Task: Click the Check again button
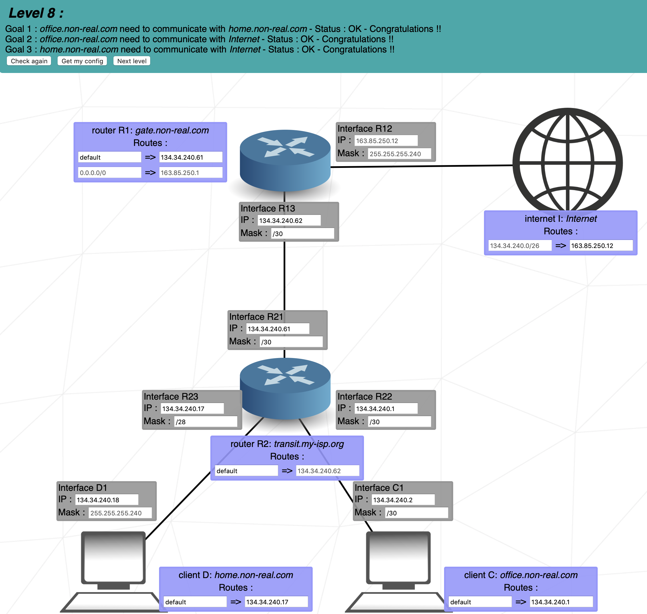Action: pos(29,61)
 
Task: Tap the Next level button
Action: pos(132,61)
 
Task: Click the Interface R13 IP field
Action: pos(289,220)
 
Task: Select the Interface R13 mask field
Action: pos(302,233)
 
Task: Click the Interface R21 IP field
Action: pos(277,329)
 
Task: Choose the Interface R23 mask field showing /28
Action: pos(206,422)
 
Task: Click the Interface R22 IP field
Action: pos(386,408)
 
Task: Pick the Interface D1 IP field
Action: pos(106,500)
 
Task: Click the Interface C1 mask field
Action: pos(416,513)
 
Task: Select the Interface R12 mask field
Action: pos(399,153)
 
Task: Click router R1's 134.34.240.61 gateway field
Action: pos(190,157)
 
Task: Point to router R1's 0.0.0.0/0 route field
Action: pos(109,172)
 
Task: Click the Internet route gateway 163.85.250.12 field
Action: pos(601,245)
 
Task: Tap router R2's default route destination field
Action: pos(246,471)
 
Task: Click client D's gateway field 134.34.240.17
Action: pos(276,602)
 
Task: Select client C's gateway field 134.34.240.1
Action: pos(561,602)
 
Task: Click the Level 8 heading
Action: pos(36,13)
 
